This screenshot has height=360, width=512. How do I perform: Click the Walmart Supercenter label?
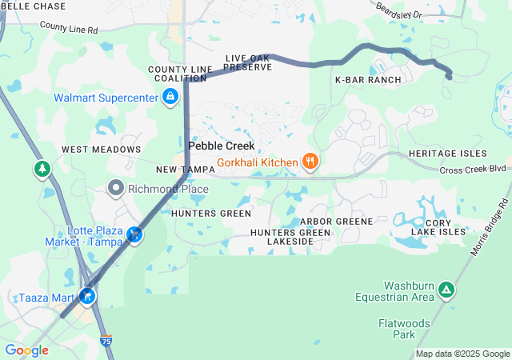click(106, 98)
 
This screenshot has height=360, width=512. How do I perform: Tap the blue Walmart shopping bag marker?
click(170, 98)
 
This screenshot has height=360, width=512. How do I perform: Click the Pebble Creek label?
click(222, 146)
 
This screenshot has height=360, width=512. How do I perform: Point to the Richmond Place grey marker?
click(117, 189)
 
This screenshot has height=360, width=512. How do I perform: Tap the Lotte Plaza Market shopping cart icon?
click(136, 235)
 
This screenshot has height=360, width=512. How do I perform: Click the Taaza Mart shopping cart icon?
click(86, 296)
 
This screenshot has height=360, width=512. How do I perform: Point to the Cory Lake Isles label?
click(439, 226)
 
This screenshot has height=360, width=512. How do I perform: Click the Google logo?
click(26, 350)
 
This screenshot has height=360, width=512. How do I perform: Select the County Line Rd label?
click(68, 29)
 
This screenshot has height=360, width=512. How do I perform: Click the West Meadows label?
click(101, 150)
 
